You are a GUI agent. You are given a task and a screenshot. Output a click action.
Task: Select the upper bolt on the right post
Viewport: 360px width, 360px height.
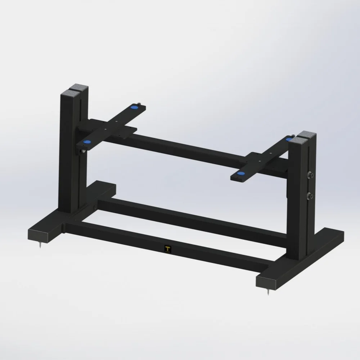pos(310,175)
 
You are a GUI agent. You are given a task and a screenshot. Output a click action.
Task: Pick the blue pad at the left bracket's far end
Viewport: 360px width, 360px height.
pos(134,107)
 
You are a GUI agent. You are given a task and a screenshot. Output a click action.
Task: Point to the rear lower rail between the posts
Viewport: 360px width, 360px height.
pos(187,216)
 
